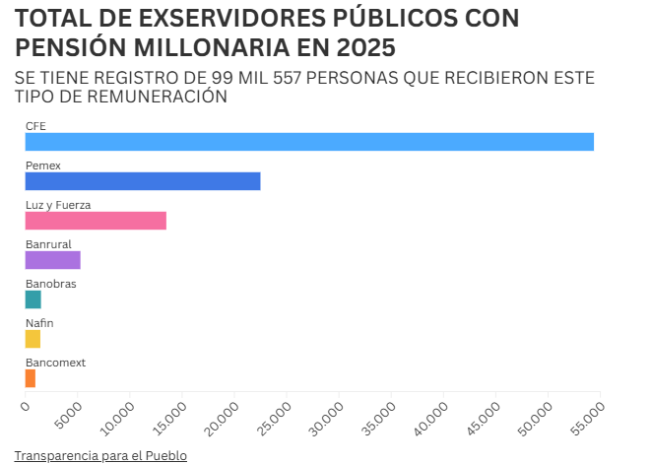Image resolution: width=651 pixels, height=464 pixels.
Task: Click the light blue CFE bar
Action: tap(309, 142)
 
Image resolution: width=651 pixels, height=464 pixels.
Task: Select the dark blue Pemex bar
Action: tap(143, 181)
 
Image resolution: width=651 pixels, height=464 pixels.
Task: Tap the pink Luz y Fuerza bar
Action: tap(96, 221)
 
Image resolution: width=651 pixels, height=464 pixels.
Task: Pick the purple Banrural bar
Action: tap(53, 260)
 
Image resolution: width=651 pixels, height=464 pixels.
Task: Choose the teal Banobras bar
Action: tap(33, 299)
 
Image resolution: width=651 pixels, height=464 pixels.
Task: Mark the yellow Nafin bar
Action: tap(33, 339)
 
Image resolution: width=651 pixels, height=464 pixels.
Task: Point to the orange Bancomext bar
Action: tap(31, 378)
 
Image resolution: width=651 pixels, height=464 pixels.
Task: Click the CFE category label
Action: tap(35, 126)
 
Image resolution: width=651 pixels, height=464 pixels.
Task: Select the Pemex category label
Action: tap(43, 166)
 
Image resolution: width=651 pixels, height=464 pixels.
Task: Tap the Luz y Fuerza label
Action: tap(58, 205)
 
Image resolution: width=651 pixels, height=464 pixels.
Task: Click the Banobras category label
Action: tap(51, 284)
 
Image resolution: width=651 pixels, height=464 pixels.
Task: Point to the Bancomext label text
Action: tap(55, 363)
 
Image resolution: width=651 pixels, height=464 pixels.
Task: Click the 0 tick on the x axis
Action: tap(25, 405)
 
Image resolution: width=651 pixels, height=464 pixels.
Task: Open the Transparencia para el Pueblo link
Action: tap(100, 456)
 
